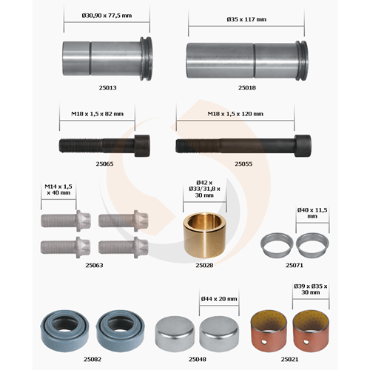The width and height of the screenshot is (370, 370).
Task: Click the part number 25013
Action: pos(107,87)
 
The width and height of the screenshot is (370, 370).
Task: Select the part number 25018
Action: pos(247,87)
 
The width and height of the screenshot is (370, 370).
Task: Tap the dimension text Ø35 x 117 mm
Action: pos(246,19)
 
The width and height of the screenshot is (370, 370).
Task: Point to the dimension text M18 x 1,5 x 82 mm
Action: pos(97,114)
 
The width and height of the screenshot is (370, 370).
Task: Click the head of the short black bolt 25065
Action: pos(142,146)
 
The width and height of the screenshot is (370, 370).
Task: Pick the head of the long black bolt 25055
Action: pos(303,146)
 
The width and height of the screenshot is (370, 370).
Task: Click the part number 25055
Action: pos(243,164)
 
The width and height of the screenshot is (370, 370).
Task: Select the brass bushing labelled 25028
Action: pos(205,235)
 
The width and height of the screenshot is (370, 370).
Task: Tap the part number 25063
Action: pos(94,265)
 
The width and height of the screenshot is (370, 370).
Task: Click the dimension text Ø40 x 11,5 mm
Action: pos(312,213)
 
